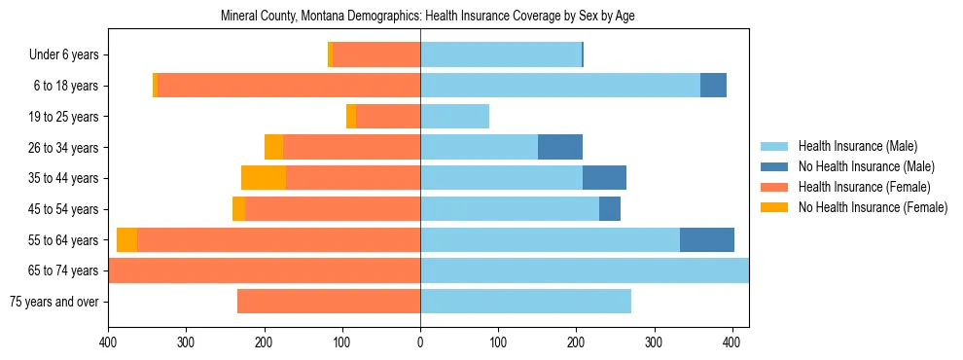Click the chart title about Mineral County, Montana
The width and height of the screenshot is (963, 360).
pos(428,17)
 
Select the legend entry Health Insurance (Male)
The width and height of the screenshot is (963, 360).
pos(856,146)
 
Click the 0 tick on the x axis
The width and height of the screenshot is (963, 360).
pos(420,342)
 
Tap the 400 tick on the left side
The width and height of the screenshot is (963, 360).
pos(108,342)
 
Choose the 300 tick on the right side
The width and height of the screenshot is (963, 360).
pos(654,342)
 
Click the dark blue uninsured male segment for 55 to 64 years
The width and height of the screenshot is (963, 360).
pos(707,239)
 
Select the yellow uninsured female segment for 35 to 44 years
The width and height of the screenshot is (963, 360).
pos(264,178)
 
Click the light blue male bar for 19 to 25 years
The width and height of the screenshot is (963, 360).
pos(454,117)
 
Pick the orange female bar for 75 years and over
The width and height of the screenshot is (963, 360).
pos(329,302)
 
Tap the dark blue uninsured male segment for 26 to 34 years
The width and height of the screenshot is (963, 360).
pos(560,147)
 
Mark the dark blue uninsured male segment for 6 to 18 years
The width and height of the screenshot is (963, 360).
pos(713,86)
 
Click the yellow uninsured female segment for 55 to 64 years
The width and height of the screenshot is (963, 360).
pos(126,239)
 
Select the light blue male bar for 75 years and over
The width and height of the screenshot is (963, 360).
pos(525,302)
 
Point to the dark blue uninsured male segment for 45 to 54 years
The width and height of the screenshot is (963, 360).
pos(610,209)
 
